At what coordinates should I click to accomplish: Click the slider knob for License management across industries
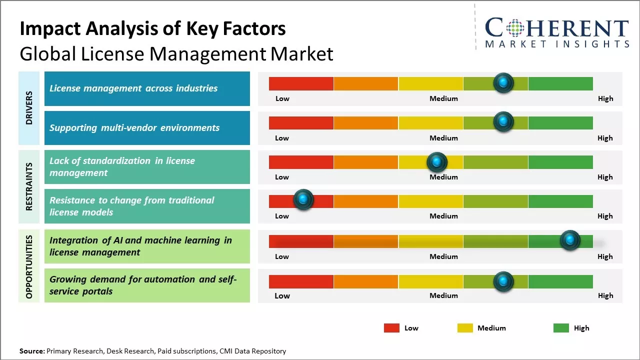pos(503,82)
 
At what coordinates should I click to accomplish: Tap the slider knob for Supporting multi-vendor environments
pos(503,121)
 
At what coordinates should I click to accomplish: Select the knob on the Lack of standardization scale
pos(437,162)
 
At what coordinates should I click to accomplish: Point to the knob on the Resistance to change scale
pos(303,199)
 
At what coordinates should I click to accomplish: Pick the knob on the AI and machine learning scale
pos(570,240)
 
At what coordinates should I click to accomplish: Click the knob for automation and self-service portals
pos(503,281)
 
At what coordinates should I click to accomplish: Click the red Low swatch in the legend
pos(391,328)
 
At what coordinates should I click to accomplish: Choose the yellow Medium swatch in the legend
pos(465,328)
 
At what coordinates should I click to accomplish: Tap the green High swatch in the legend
pos(561,328)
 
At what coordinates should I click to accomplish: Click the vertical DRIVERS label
pos(29,107)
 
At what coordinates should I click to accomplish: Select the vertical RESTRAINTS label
pos(29,186)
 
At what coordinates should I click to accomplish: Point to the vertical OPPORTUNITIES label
pos(29,266)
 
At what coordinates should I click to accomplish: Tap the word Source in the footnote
pos(32,351)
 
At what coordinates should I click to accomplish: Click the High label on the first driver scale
pos(605,98)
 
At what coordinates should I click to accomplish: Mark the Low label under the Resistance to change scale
pos(282,216)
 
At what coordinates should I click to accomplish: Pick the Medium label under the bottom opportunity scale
pos(443,295)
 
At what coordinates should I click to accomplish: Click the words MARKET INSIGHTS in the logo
pos(557,44)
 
